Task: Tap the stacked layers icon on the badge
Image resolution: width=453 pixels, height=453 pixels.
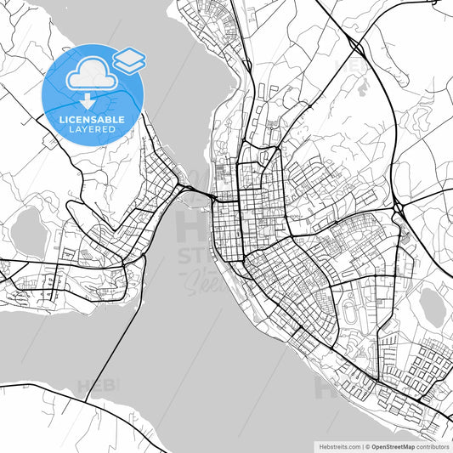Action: click(129, 59)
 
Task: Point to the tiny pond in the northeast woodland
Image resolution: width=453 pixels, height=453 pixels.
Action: click(364, 86)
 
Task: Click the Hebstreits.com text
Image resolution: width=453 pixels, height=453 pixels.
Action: click(336, 445)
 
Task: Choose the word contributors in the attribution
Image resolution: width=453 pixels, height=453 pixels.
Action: click(433, 445)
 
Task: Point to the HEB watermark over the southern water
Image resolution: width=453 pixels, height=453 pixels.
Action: click(98, 387)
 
